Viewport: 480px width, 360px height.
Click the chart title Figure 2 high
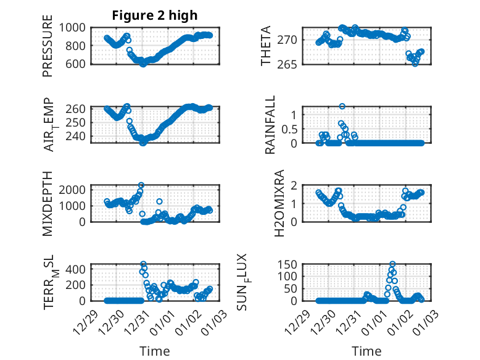click(154, 15)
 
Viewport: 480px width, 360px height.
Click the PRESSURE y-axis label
click(48, 50)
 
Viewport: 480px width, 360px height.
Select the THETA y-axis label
click(266, 46)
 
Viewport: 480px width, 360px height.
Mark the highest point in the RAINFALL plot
click(342, 106)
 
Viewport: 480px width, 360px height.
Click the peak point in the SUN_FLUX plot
click(392, 264)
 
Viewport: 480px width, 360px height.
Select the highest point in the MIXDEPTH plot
click(141, 185)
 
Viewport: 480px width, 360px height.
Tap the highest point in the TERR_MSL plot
click(143, 264)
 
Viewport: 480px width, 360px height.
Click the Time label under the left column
click(154, 351)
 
